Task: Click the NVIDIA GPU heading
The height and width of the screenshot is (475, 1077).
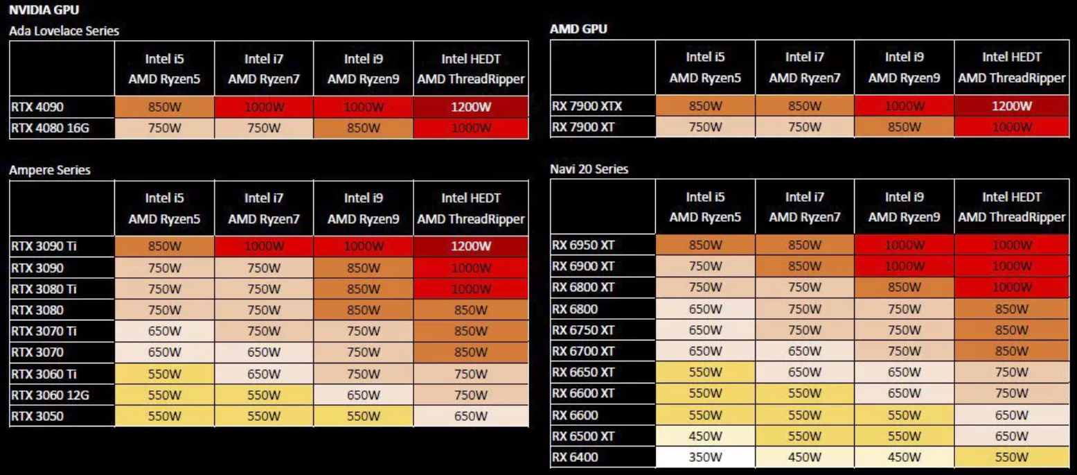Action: click(44, 10)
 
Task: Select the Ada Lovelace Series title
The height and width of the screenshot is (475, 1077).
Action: click(64, 31)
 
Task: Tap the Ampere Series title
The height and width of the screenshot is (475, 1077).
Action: click(50, 170)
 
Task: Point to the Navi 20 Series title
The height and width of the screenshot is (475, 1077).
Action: click(589, 169)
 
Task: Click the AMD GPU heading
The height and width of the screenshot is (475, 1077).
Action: click(578, 29)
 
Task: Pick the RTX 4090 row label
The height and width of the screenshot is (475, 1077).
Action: click(39, 107)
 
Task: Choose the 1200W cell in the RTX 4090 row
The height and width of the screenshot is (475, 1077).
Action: click(471, 107)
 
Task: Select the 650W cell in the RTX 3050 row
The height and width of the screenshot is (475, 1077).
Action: click(471, 416)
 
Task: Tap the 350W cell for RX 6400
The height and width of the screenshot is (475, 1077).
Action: click(705, 457)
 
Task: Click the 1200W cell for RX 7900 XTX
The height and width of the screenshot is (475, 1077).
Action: click(1012, 106)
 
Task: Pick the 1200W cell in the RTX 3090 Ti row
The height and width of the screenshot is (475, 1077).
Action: click(471, 245)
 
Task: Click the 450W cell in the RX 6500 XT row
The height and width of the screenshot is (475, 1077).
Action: click(705, 436)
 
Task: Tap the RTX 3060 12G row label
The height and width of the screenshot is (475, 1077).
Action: click(51, 395)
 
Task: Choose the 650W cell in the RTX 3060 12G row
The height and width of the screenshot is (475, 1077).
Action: click(363, 395)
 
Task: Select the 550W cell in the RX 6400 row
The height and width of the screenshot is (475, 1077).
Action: click(1012, 457)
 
